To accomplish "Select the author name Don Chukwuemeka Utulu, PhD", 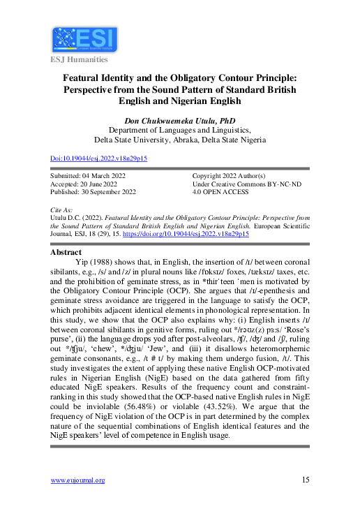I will point(180,120).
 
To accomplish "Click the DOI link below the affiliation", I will point(99,158).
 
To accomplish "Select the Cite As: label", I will point(63,209).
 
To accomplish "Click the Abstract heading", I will point(67,252).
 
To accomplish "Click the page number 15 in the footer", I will point(306,480).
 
